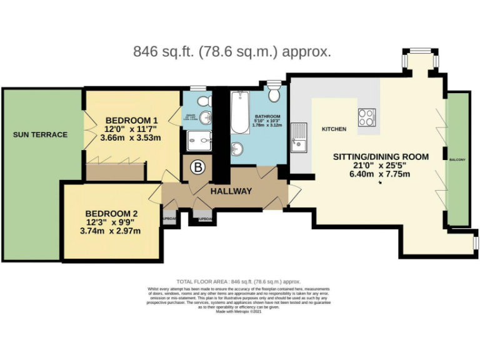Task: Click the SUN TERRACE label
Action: point(40,134)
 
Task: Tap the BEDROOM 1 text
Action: point(131,120)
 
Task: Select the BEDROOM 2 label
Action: point(111,213)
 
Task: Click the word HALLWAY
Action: point(231,191)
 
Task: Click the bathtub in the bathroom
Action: point(239,112)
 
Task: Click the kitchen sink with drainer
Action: point(299,137)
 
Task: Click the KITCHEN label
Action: point(334,129)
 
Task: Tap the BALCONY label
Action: point(457,160)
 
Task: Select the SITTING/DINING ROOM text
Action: point(381,156)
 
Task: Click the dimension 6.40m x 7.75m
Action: point(381,174)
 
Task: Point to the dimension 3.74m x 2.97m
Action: point(111,231)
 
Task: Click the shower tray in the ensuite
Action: point(199,141)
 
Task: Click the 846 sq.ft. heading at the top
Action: point(232,52)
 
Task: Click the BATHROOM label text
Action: point(267,116)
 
